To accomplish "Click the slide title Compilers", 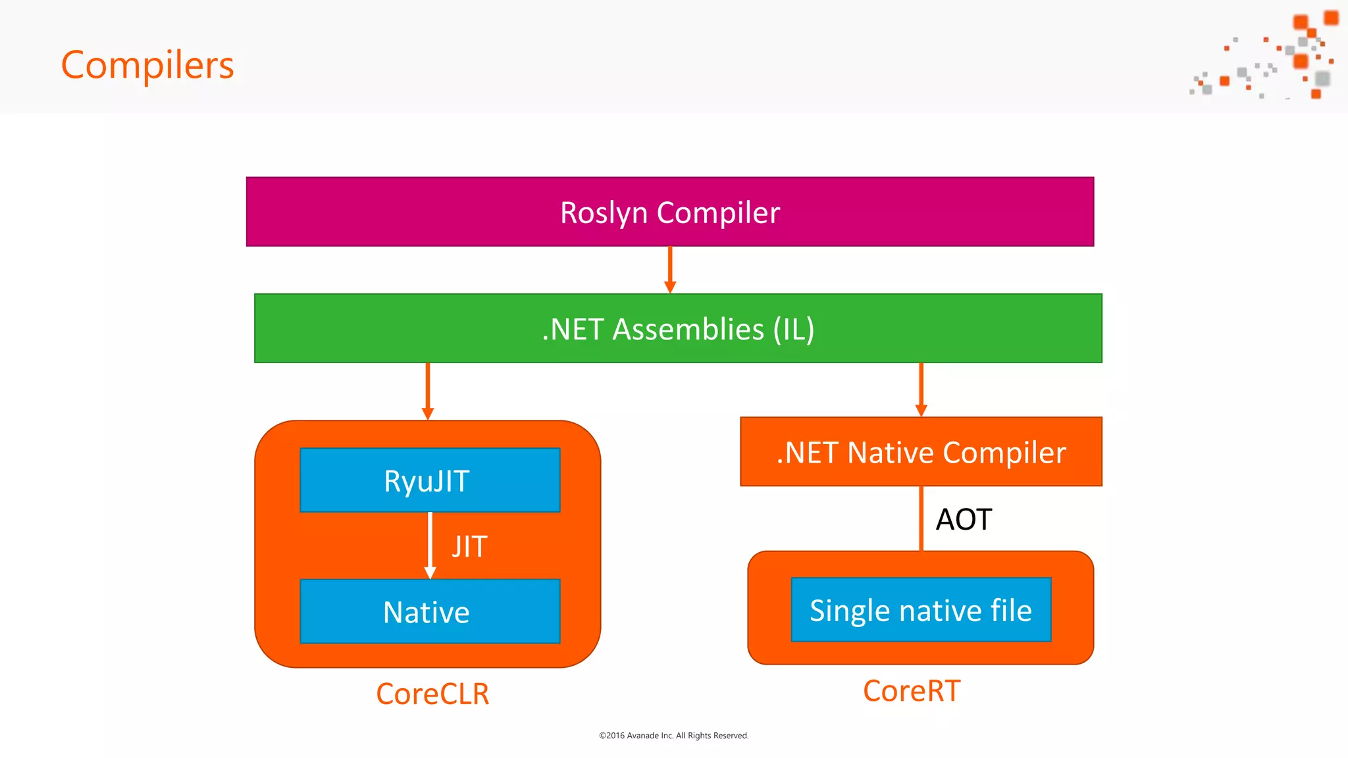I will [x=147, y=65].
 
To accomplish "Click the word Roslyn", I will [x=604, y=213].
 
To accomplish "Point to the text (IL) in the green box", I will [x=794, y=329].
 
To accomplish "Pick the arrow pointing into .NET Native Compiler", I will [x=921, y=389].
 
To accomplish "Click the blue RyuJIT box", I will [x=429, y=480].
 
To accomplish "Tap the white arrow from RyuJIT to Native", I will [x=430, y=545].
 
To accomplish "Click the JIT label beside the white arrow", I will [x=469, y=547].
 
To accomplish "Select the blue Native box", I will [x=429, y=612].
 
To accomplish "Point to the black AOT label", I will [x=964, y=520].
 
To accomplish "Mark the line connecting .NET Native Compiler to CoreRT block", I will [x=921, y=518].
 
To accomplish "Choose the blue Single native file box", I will [x=920, y=610].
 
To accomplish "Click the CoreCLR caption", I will [x=432, y=694].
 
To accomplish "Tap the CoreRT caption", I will [x=912, y=691].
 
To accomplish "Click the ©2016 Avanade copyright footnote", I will [x=673, y=736].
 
